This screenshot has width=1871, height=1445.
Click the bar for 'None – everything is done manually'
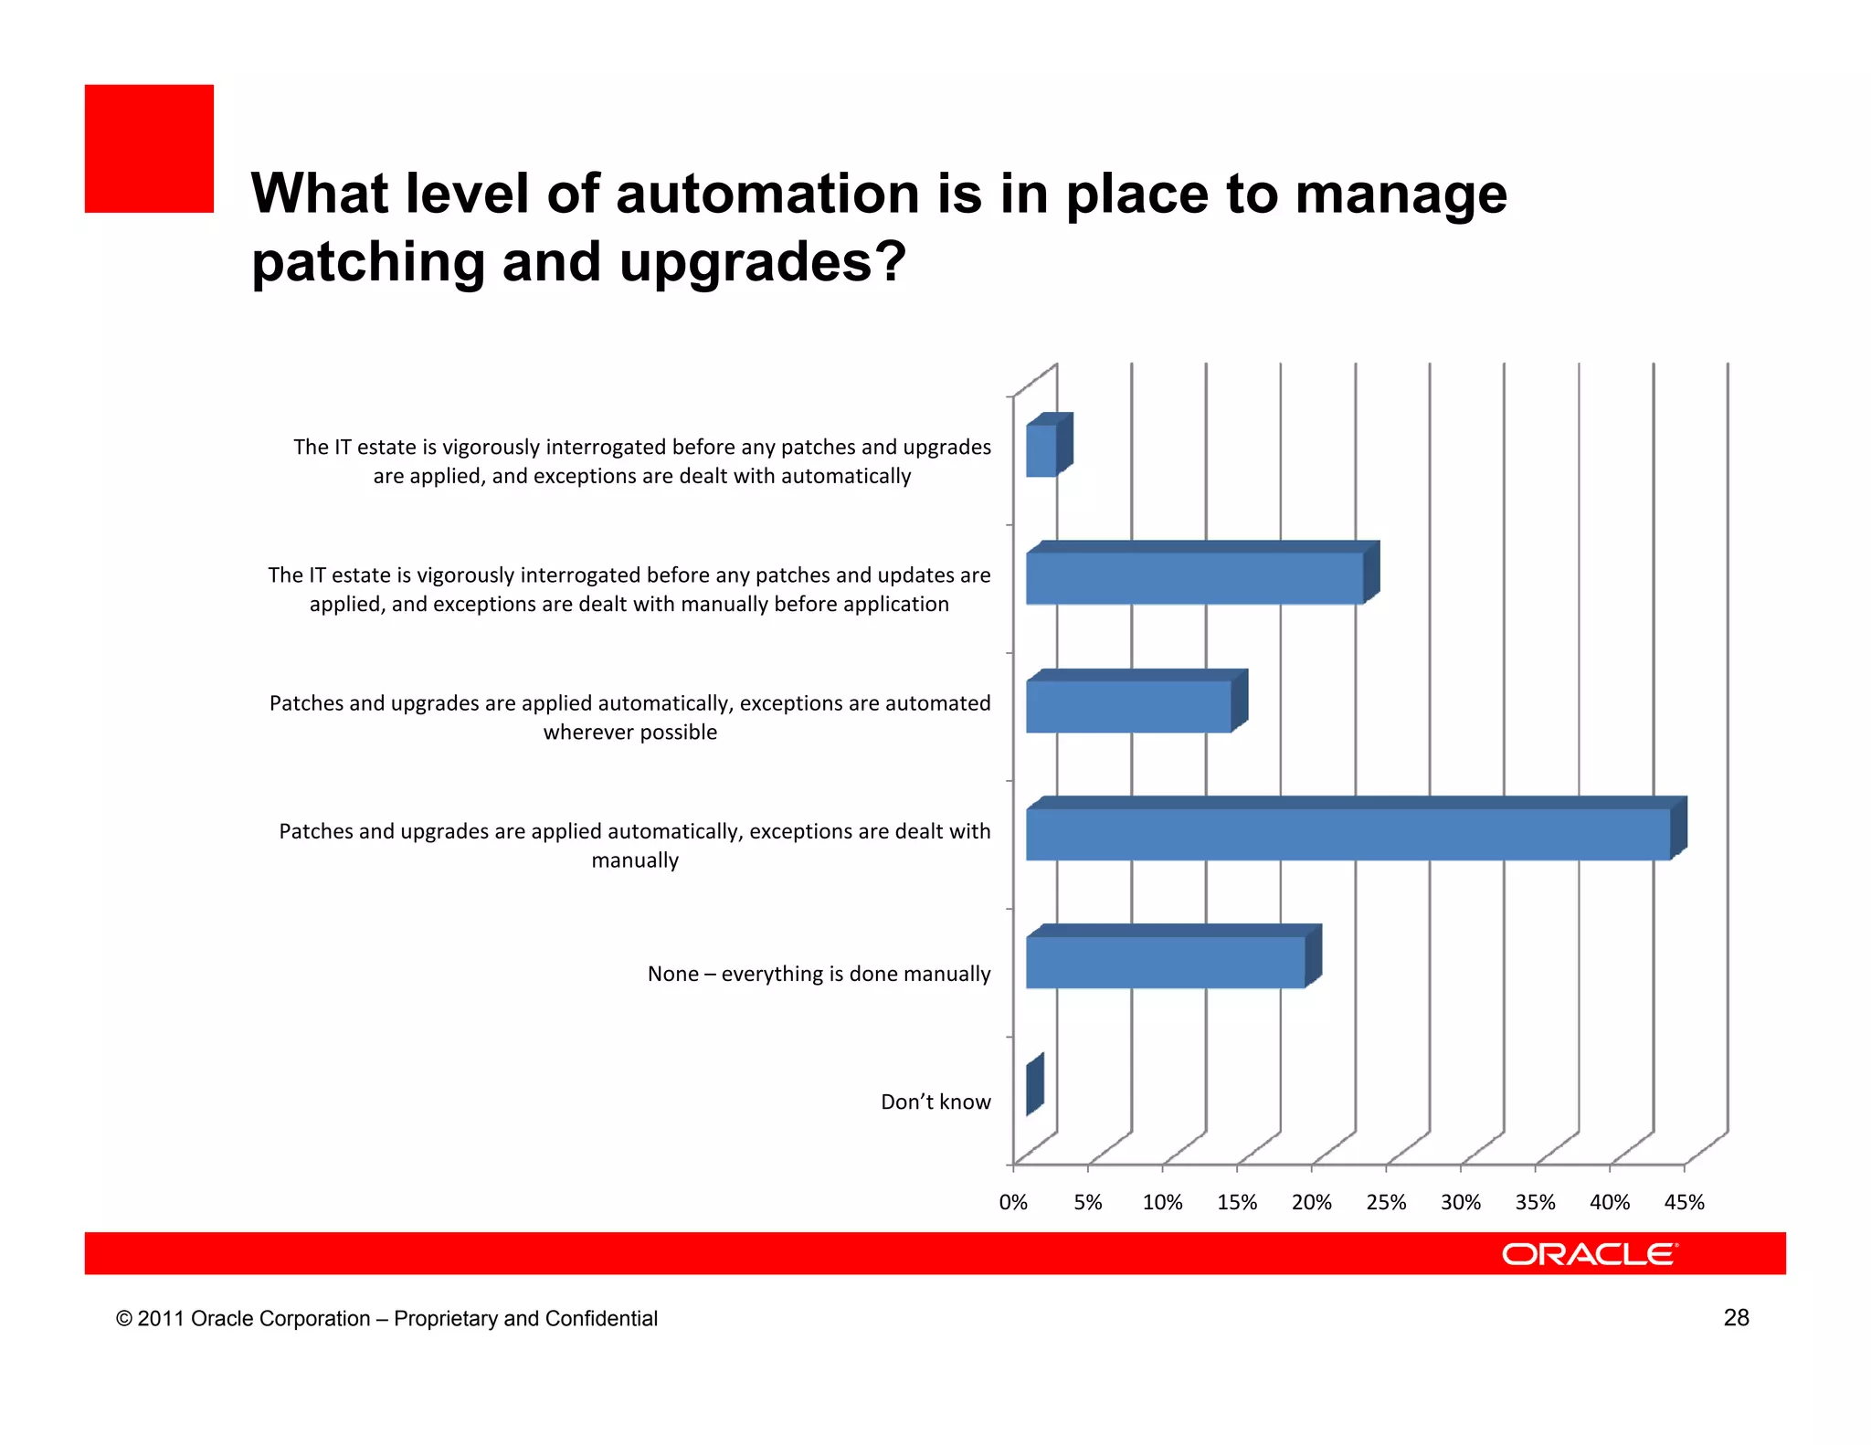[1165, 962]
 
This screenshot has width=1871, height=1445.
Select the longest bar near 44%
[1348, 834]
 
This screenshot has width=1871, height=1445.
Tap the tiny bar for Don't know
[1034, 1085]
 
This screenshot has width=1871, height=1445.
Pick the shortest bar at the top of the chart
[1041, 450]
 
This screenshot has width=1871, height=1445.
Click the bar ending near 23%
[1194, 578]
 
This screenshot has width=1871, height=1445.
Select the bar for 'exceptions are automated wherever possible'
[1128, 706]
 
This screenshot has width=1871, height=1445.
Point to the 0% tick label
[1013, 1203]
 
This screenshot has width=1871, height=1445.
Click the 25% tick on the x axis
[1386, 1203]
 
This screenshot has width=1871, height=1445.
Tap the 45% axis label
[1684, 1203]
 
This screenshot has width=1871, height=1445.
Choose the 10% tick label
[1162, 1203]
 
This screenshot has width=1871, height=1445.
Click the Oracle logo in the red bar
[1589, 1254]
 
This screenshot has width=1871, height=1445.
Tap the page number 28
[1736, 1317]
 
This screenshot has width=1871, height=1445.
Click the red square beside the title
[149, 149]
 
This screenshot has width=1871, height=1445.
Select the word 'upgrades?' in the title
[763, 263]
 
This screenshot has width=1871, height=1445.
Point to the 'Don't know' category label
[935, 1102]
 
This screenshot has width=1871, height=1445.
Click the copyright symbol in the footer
[124, 1319]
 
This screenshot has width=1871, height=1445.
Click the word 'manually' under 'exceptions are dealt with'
[635, 861]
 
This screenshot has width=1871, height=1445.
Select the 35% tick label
[1535, 1203]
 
